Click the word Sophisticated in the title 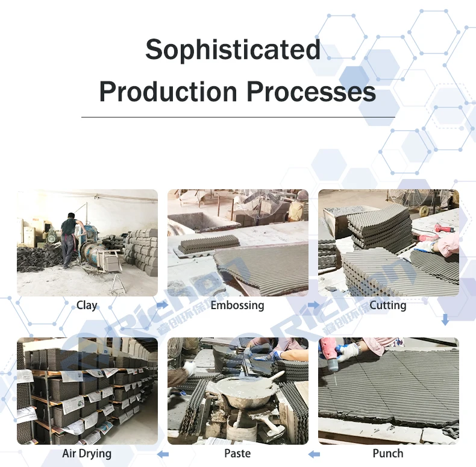click(233, 51)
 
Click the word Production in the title click(168, 92)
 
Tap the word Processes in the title click(311, 92)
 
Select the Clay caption click(87, 306)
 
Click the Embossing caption click(237, 306)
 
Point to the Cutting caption click(388, 306)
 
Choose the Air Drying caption click(87, 453)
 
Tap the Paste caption click(237, 453)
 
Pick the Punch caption click(388, 453)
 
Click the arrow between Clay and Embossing click(162, 306)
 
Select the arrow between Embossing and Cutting click(313, 306)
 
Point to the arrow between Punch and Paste click(313, 453)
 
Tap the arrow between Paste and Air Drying click(162, 453)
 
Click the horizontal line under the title click(238, 117)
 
